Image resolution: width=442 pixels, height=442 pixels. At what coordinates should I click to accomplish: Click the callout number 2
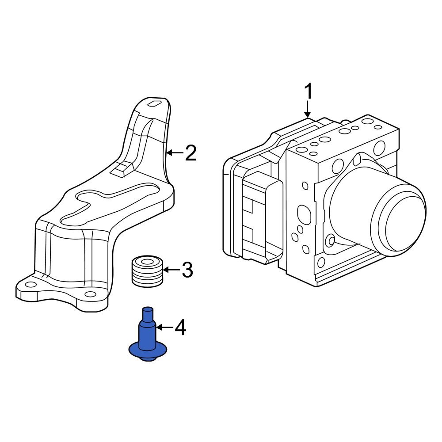coord(191,153)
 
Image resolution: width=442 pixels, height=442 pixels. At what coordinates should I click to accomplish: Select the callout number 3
coord(187,270)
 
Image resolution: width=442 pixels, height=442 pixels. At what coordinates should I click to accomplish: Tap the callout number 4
coord(181,328)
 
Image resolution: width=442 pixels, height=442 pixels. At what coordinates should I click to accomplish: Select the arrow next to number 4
coord(164,328)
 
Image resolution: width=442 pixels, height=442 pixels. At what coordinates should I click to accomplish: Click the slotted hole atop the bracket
coord(155,104)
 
